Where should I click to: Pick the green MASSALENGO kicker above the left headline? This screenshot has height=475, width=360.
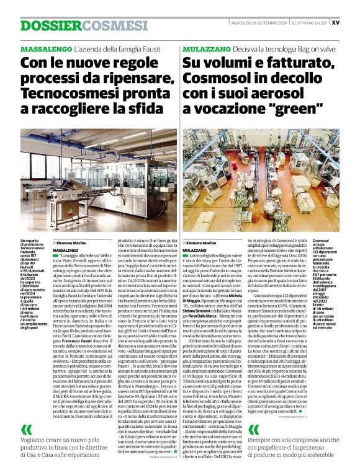(x=45, y=48)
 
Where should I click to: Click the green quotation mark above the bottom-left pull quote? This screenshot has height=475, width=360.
(x=26, y=429)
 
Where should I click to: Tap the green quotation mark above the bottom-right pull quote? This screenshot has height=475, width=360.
(x=254, y=429)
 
